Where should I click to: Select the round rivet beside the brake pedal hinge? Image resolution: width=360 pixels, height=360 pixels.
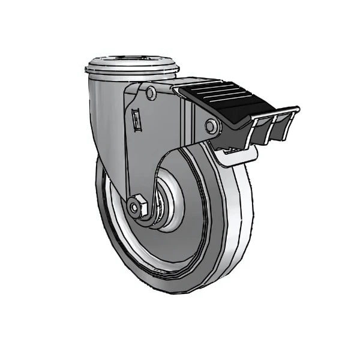211,126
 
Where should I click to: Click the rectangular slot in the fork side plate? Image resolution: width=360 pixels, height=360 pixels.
136,119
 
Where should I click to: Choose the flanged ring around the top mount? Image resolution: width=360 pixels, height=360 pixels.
132,69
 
